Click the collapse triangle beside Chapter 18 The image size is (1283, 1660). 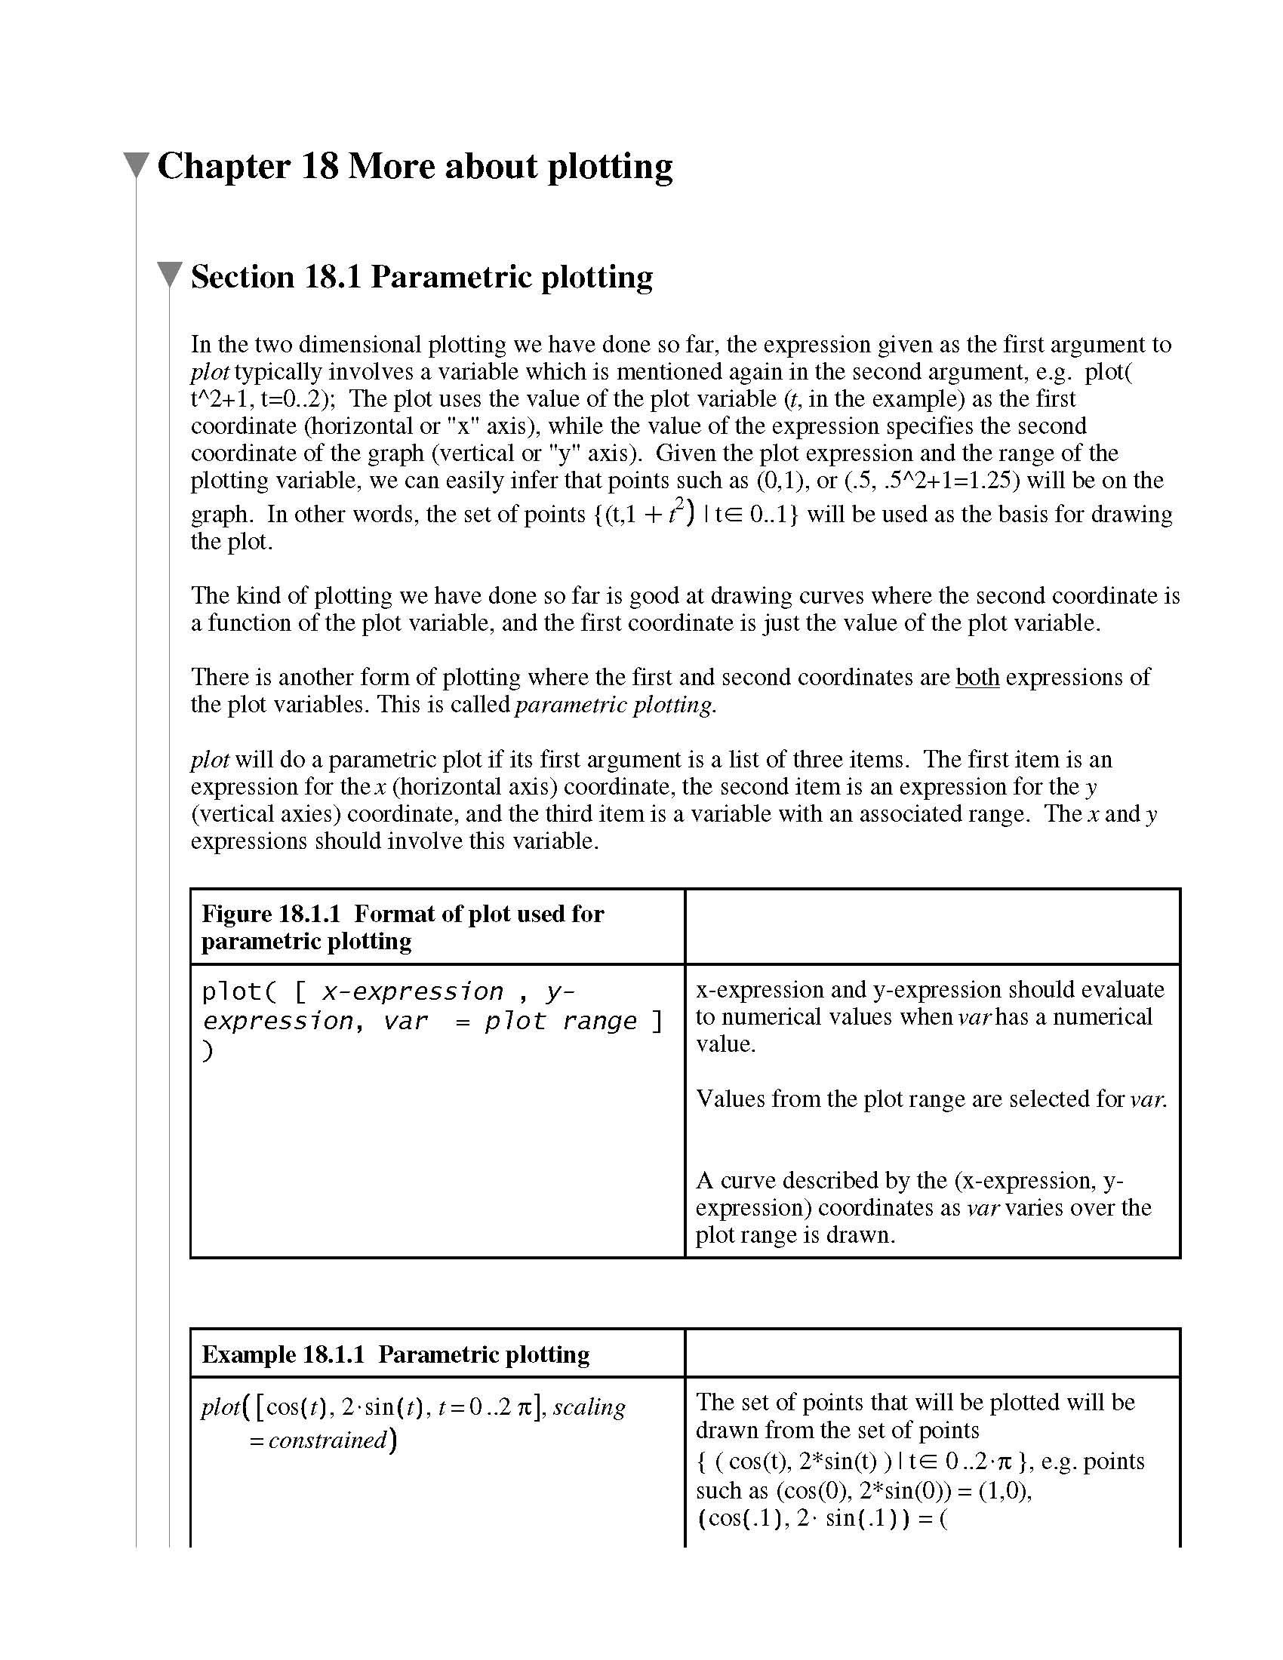pyautogui.click(x=135, y=165)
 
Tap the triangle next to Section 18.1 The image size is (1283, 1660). pyautogui.click(x=169, y=275)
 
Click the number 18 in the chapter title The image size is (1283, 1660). pyautogui.click(x=319, y=167)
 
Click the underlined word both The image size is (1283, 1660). pyautogui.click(x=977, y=678)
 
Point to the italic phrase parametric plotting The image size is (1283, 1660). pyautogui.click(x=615, y=705)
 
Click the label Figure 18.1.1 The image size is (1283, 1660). pyautogui.click(x=271, y=915)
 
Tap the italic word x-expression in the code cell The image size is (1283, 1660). pyautogui.click(x=413, y=992)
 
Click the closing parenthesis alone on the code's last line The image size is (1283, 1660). pyautogui.click(x=208, y=1051)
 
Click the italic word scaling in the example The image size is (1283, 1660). pyautogui.click(x=589, y=1408)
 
